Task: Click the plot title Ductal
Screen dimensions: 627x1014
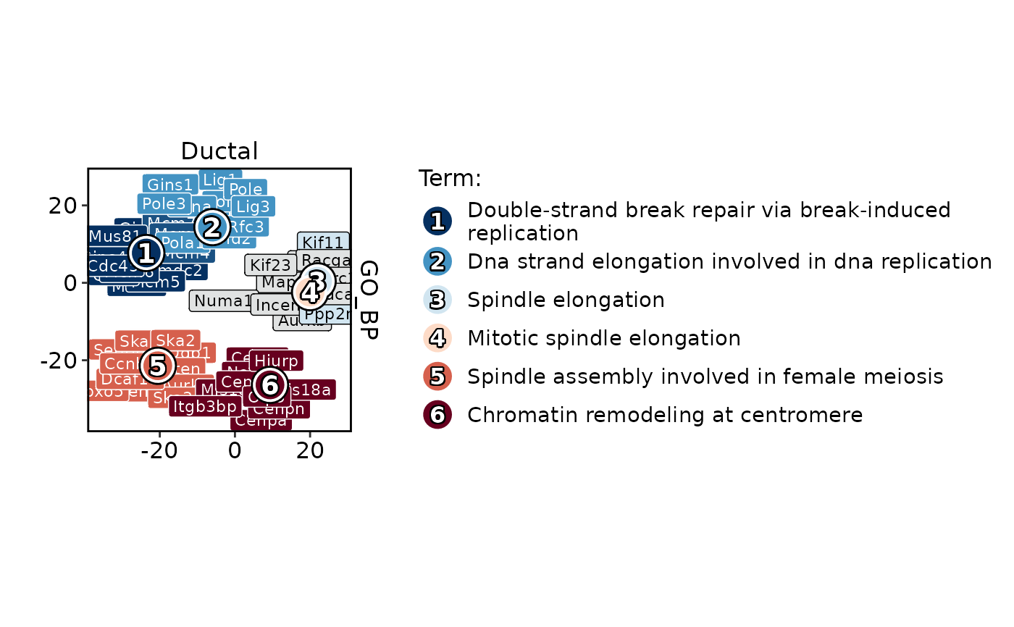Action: tap(219, 151)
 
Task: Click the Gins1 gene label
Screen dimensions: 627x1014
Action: tap(169, 185)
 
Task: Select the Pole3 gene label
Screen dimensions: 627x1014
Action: tap(164, 203)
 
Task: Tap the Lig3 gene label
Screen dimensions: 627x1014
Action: tap(253, 206)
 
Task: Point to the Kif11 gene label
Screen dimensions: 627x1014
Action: tap(323, 243)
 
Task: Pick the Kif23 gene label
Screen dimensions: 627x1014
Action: tap(269, 265)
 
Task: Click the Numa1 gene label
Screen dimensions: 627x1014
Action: tap(222, 300)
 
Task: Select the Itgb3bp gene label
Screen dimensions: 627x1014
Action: tap(204, 406)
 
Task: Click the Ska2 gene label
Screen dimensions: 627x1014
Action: tap(175, 340)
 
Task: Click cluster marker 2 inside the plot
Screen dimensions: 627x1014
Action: tap(211, 227)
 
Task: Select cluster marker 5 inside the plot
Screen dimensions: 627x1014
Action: tap(157, 366)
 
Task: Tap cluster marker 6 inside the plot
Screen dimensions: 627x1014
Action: tap(269, 385)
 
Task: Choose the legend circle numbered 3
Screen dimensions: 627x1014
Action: tap(437, 299)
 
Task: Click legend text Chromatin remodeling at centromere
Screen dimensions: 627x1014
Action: tap(665, 415)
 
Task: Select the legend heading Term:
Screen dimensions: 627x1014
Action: tap(450, 178)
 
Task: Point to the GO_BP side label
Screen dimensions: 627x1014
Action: tap(369, 299)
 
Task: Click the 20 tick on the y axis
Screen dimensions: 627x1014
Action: tap(64, 206)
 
